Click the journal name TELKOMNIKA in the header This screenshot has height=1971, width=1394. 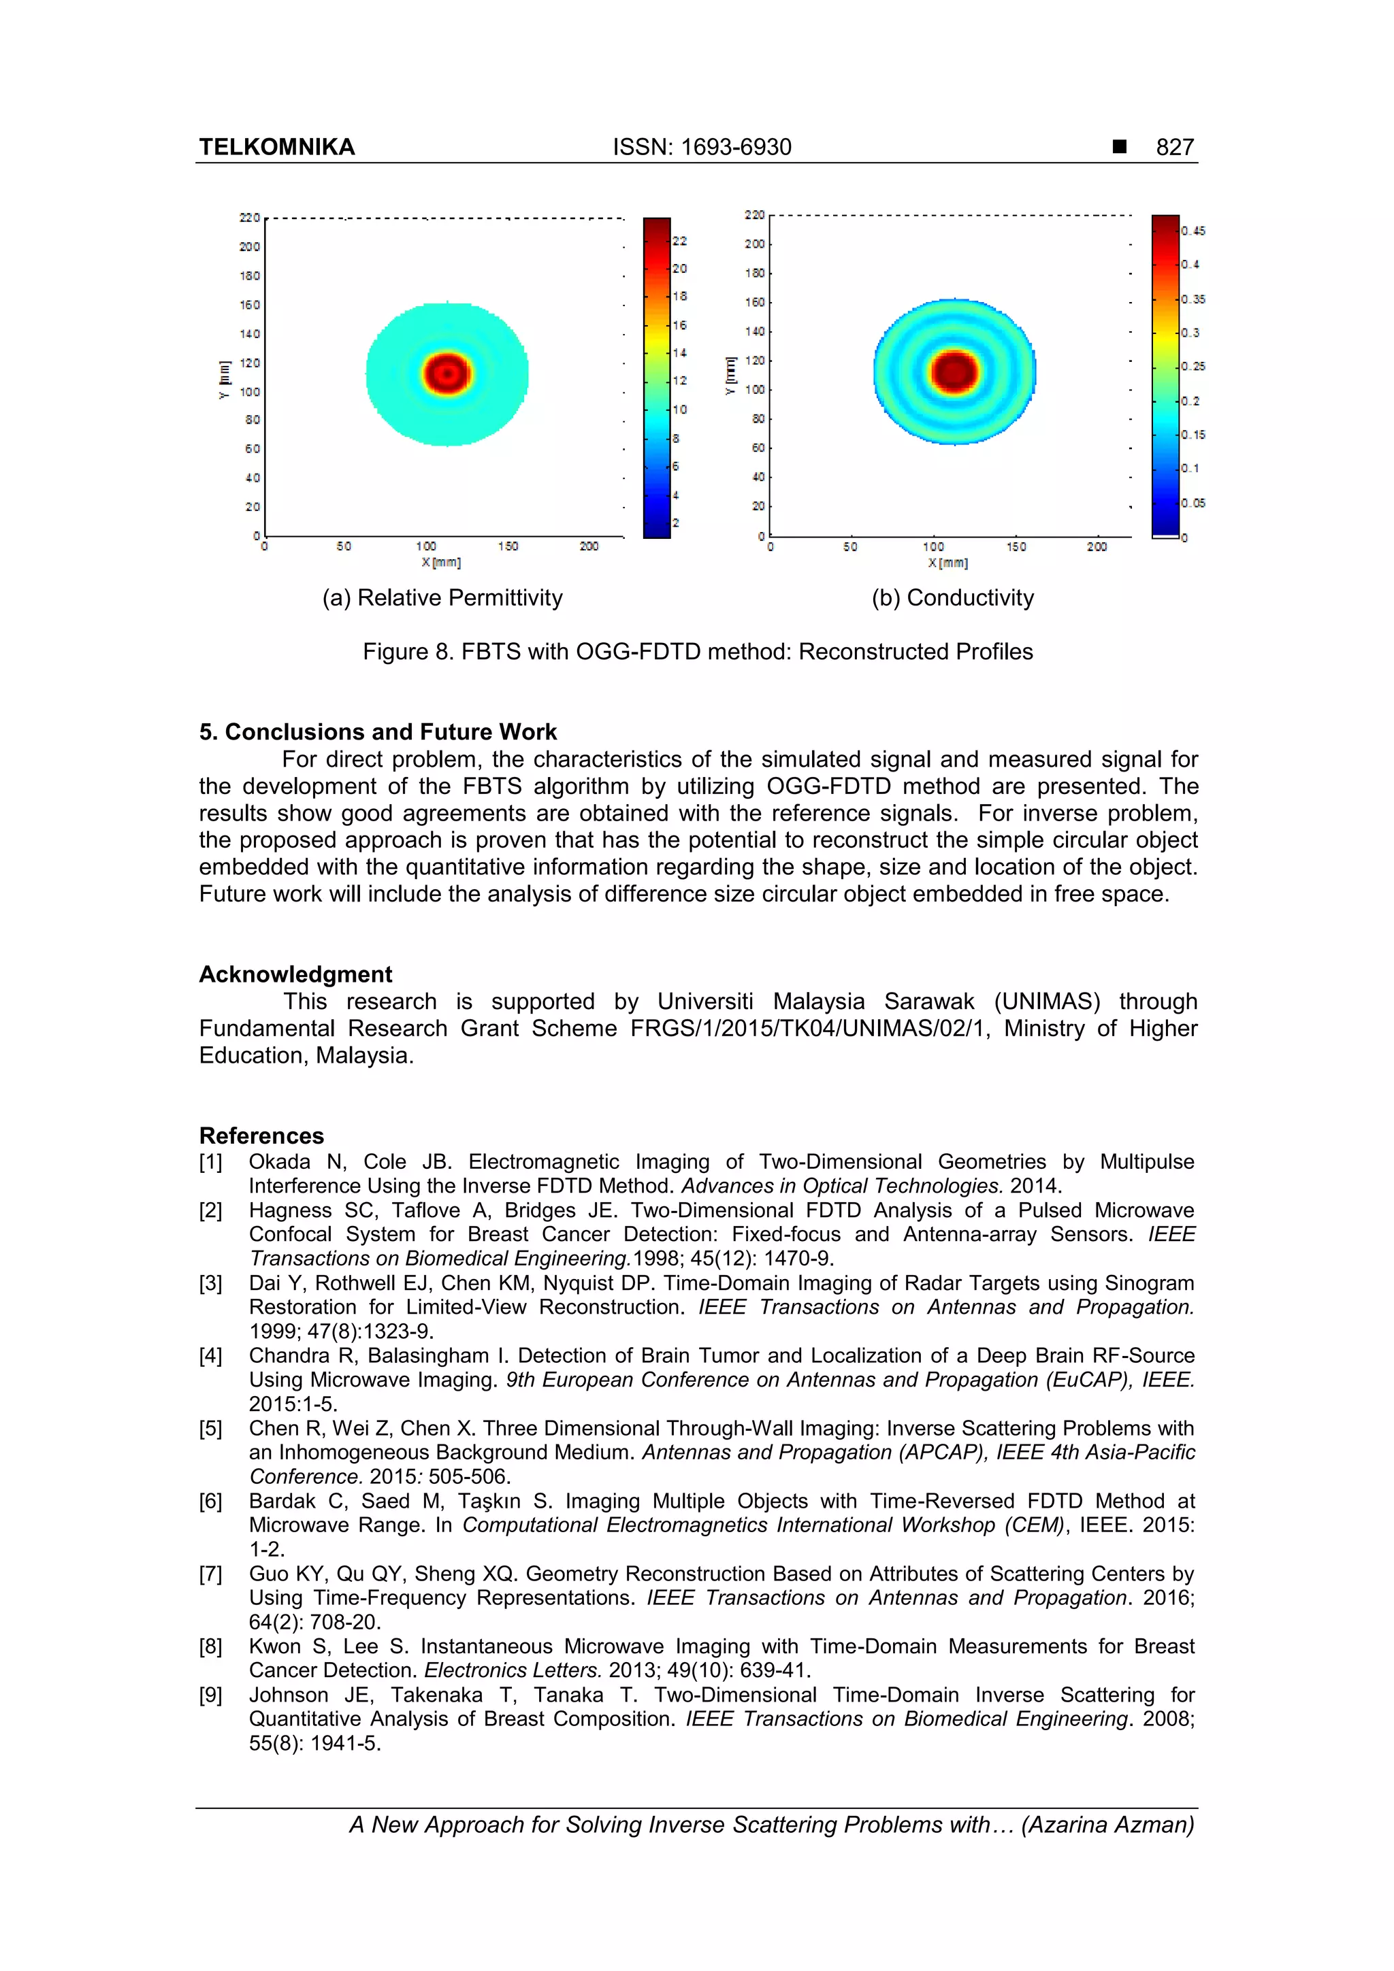point(276,148)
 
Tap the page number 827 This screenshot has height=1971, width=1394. point(1174,148)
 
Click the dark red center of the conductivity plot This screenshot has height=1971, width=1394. point(954,371)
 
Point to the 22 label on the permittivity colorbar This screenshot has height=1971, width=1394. point(679,242)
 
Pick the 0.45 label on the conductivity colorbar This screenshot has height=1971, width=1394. point(1193,231)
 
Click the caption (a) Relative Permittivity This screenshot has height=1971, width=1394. point(442,597)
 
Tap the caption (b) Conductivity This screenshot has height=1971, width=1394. point(952,597)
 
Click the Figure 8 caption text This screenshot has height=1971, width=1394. point(698,652)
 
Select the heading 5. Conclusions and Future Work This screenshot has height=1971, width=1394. point(378,731)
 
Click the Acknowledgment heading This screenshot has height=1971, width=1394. point(295,974)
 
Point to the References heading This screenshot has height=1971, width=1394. point(261,1135)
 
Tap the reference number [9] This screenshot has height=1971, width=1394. point(210,1695)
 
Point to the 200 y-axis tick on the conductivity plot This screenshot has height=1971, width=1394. point(754,244)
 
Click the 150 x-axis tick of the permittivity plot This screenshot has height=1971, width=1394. point(508,546)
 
